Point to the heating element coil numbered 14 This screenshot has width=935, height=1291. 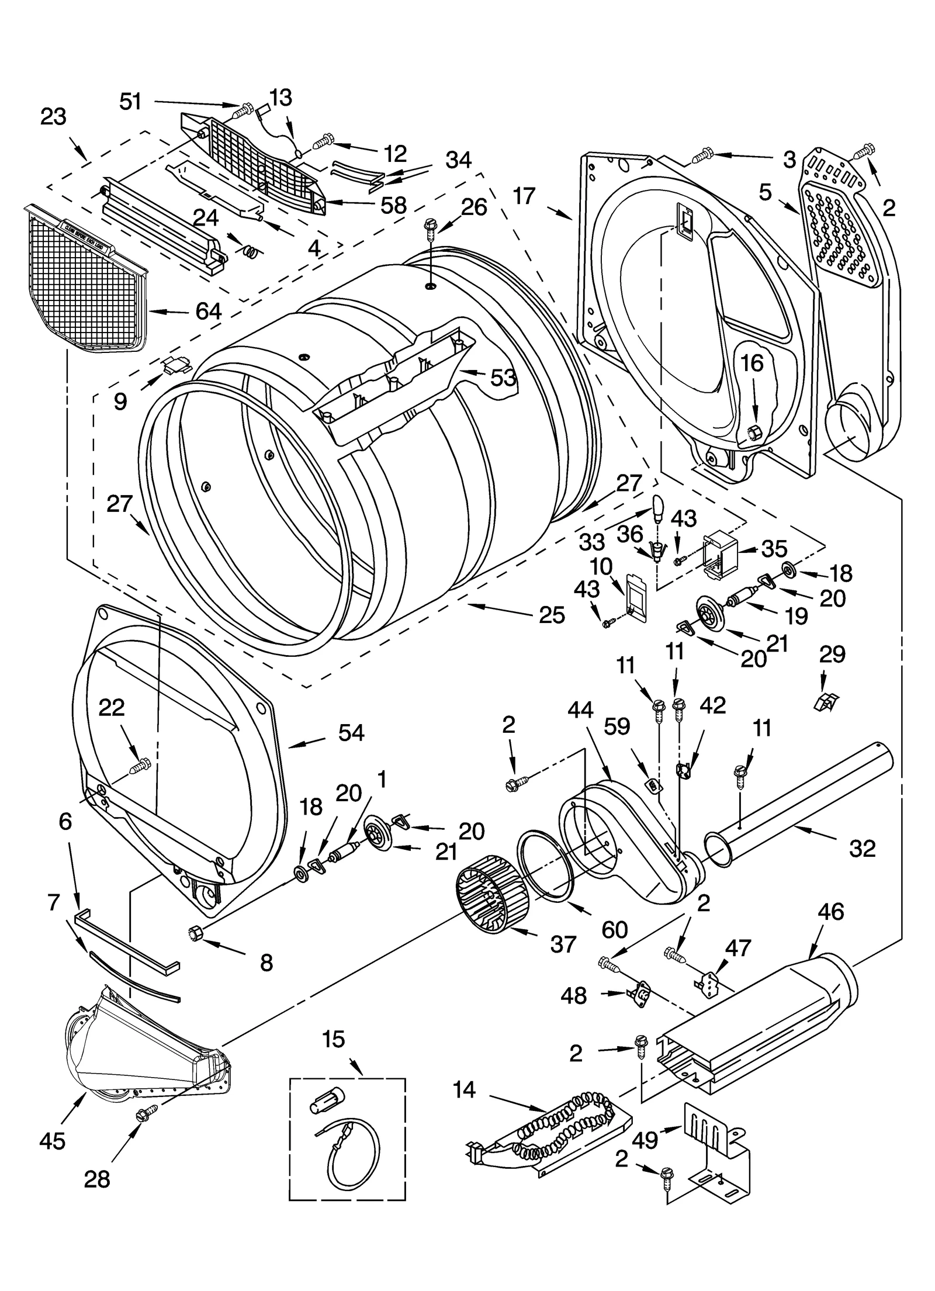click(561, 1137)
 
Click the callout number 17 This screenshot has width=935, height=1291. click(524, 196)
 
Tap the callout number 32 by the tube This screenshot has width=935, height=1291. click(862, 848)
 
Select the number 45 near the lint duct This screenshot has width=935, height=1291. click(52, 1140)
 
